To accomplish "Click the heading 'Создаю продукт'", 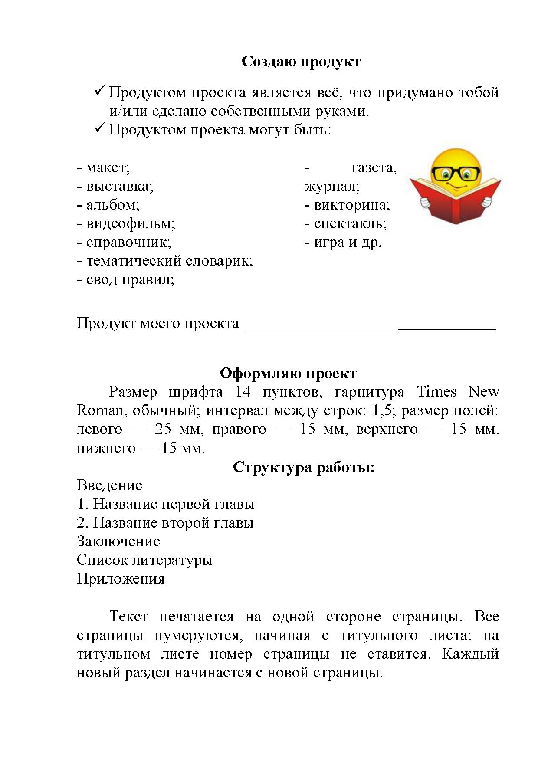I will point(300,62).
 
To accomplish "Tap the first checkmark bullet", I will point(99,91).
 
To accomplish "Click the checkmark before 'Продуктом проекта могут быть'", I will point(99,128).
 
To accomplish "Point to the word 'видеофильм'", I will point(130,224).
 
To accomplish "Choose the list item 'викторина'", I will point(351,205).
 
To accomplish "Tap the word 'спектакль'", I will point(350,224).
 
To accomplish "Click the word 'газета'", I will point(373,167).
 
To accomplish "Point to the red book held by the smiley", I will point(456,204).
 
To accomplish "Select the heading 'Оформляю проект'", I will point(288,373).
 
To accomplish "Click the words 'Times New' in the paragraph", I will point(457,392).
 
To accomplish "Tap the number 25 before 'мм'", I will point(163,429).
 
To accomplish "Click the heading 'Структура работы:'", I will point(303,467).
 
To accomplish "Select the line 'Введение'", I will point(109,485).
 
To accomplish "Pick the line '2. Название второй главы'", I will point(165,523).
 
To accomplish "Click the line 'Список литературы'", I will point(144,560).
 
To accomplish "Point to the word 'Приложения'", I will point(121,579).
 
